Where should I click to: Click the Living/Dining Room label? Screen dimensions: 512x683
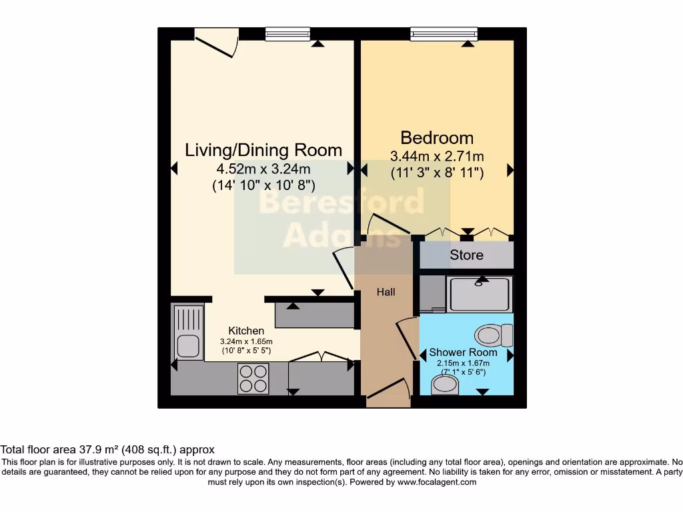pyautogui.click(x=263, y=150)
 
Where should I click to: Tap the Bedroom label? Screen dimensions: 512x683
pyautogui.click(x=437, y=138)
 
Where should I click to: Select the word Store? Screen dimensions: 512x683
pyautogui.click(x=466, y=255)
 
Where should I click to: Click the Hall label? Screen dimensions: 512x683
pyautogui.click(x=386, y=292)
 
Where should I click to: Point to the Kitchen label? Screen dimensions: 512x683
pyautogui.click(x=246, y=331)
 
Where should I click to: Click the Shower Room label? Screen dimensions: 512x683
pyautogui.click(x=463, y=352)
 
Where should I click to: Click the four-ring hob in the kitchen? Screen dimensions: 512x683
pyautogui.click(x=253, y=379)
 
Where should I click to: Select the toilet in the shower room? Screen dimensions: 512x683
pyautogui.click(x=494, y=335)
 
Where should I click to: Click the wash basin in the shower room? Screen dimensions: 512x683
pyautogui.click(x=445, y=384)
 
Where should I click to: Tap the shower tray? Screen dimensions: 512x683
pyautogui.click(x=480, y=294)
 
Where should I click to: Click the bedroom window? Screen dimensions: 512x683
pyautogui.click(x=444, y=33)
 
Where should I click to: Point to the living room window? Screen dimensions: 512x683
pyautogui.click(x=287, y=33)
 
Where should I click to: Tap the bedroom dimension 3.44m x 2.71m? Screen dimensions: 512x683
pyautogui.click(x=437, y=157)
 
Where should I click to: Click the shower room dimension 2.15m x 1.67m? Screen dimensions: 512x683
pyautogui.click(x=463, y=363)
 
